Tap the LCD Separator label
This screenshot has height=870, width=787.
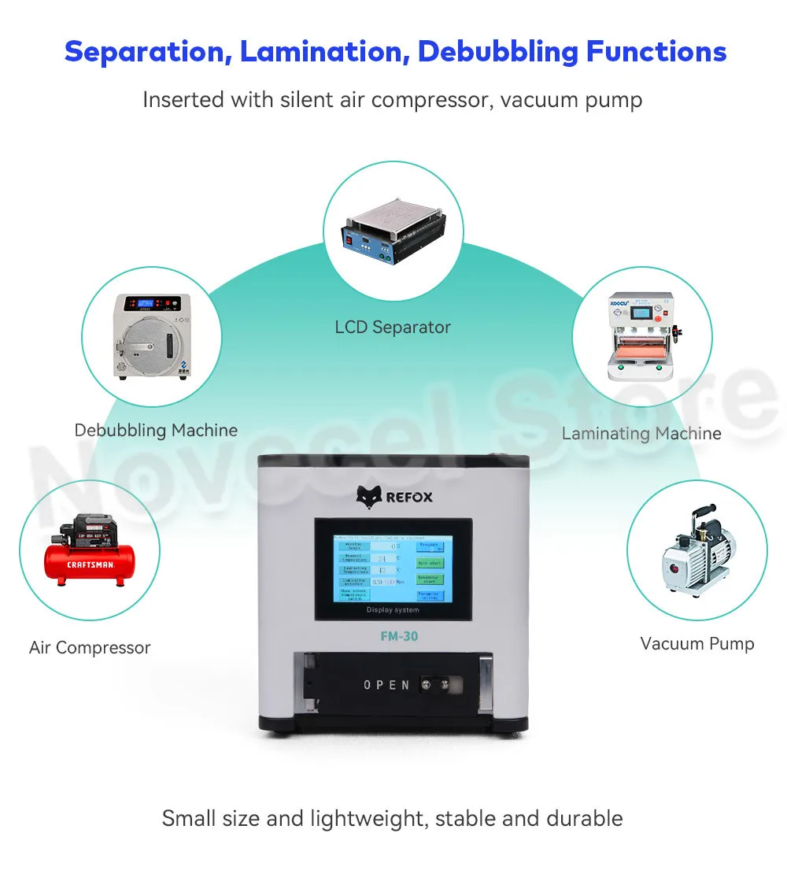(x=393, y=327)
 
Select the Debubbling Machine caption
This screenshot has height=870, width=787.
(x=156, y=430)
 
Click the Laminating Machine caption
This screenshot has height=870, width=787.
(x=641, y=433)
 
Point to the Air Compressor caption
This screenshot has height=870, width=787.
(x=90, y=648)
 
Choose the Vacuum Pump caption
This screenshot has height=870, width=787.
(x=697, y=643)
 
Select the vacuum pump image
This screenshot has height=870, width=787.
(x=697, y=551)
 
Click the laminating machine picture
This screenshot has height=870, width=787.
(x=641, y=334)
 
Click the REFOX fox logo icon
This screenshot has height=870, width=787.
(x=368, y=497)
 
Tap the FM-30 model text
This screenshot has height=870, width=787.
(x=395, y=637)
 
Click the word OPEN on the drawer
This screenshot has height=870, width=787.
(x=386, y=685)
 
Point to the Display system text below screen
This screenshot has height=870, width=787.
(x=393, y=609)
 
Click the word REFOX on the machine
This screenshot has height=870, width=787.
(x=409, y=498)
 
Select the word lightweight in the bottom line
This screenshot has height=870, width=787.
(x=364, y=818)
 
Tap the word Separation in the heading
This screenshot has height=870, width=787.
(x=146, y=52)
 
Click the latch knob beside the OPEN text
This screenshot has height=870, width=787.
(x=430, y=684)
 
